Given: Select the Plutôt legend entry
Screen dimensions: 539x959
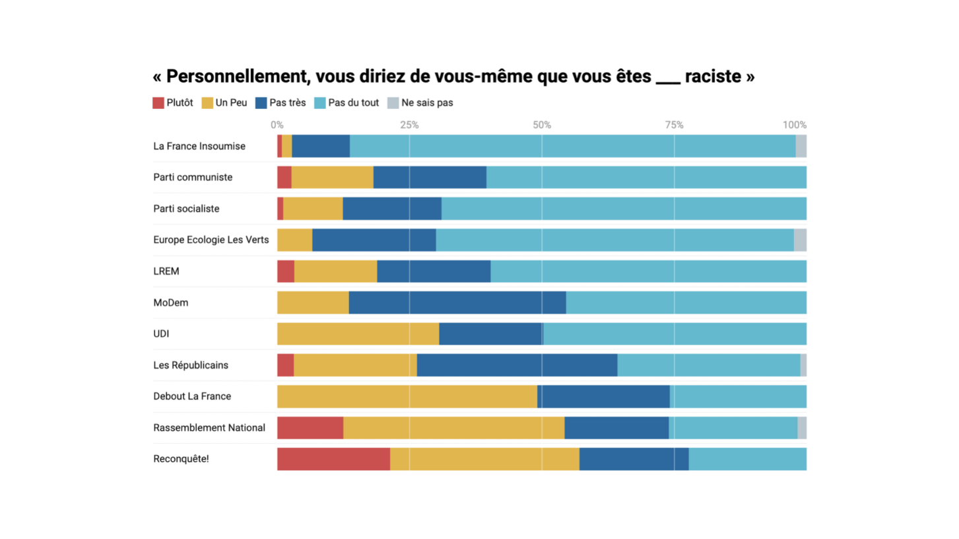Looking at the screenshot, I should pos(173,103).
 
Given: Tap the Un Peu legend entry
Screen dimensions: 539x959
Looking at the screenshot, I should pos(224,103).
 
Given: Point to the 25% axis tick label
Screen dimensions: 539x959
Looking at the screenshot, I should pos(409,125).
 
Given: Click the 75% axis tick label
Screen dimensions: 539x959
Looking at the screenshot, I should pos(674,125).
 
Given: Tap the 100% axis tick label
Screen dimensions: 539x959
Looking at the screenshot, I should pos(794,125).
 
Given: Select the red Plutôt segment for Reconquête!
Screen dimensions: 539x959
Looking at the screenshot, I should pos(333,459).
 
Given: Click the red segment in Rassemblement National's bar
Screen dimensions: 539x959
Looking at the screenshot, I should pos(310,428).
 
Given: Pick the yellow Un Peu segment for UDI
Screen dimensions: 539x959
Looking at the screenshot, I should pos(358,334).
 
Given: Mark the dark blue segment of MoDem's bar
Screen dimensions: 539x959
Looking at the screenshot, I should pos(457,303).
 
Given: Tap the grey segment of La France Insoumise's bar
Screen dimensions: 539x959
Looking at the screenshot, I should pos(801,146).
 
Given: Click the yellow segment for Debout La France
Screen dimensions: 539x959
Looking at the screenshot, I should pos(407,396).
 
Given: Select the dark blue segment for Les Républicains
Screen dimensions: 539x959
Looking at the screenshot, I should pos(517,365).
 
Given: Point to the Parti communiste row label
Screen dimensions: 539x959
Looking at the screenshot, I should pos(193,177).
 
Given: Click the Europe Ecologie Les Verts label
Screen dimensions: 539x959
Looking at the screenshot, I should pos(211,240).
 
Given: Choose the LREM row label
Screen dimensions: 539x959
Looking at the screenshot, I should pos(166,271).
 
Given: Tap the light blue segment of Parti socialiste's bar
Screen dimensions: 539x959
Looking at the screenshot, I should pos(624,209).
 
